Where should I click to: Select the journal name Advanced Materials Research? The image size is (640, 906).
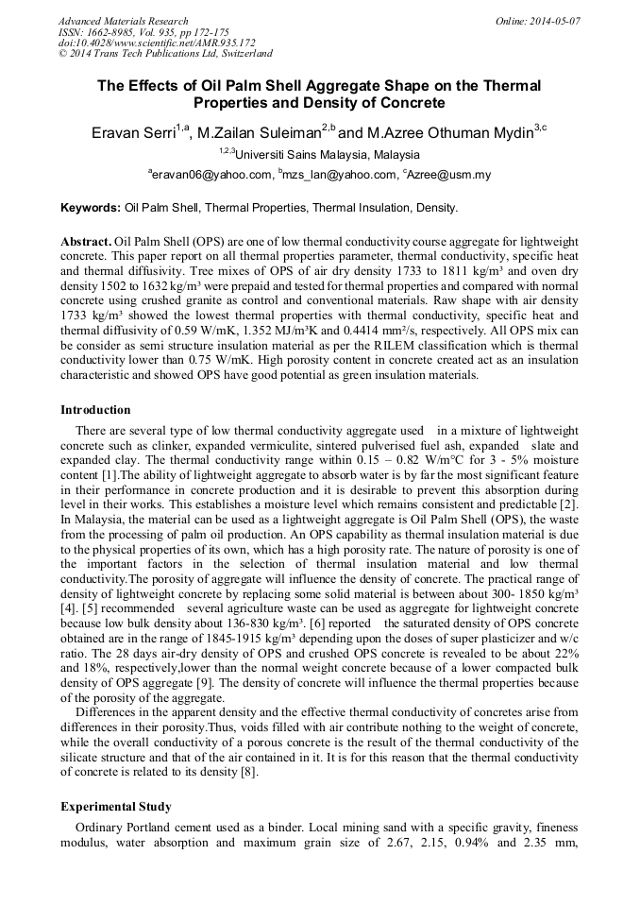click(x=123, y=21)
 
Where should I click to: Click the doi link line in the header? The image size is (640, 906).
click(x=157, y=43)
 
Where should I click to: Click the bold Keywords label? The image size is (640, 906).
click(x=91, y=207)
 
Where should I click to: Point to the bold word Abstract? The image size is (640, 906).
click(x=86, y=242)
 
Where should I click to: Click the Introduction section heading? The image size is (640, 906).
click(x=95, y=409)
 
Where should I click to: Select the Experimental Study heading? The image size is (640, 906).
click(x=115, y=806)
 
